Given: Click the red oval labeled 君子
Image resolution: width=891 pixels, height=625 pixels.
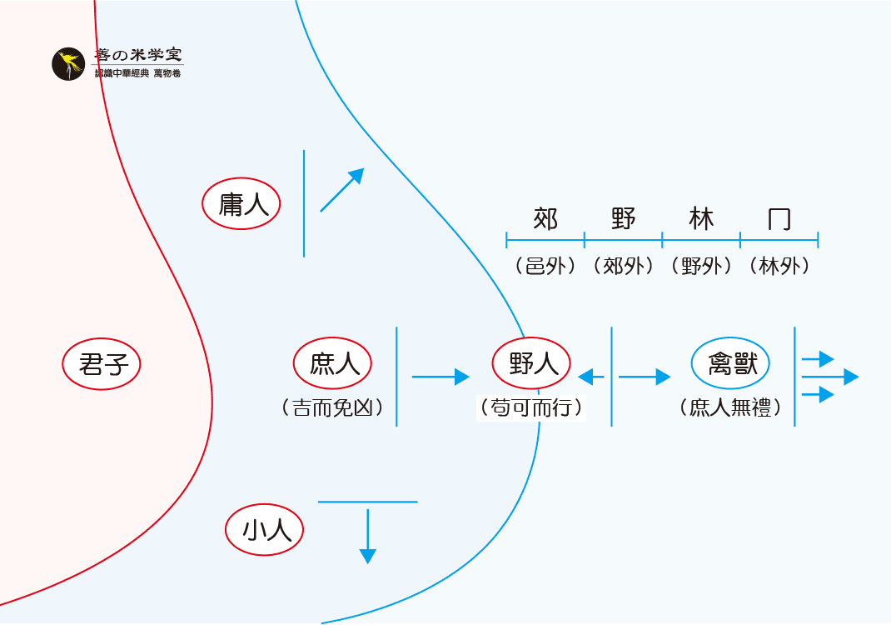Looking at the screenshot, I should click(x=102, y=364).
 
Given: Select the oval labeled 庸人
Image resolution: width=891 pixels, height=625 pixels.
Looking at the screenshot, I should click(x=241, y=203).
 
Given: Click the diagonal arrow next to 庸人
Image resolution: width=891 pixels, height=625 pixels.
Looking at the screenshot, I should click(x=342, y=190).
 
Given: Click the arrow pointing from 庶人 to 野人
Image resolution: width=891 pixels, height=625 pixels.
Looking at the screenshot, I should click(x=441, y=377).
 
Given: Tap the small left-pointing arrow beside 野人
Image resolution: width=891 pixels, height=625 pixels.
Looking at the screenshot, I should click(x=591, y=377).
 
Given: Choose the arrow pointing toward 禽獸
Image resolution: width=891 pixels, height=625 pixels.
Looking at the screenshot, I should click(x=644, y=377).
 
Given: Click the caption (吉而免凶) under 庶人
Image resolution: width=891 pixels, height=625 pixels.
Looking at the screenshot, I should click(x=332, y=408).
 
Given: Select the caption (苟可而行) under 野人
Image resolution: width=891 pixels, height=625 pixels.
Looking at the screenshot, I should click(x=531, y=408).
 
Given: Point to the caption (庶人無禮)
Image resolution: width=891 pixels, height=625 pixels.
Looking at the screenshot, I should click(x=729, y=408).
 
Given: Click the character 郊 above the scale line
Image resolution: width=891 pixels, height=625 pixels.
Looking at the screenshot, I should click(x=545, y=219).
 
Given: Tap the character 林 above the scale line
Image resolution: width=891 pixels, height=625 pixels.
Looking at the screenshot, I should click(x=702, y=219).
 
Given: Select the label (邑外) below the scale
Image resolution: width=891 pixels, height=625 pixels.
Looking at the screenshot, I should click(x=545, y=267).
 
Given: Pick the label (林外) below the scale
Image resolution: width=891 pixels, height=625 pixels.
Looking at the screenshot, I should click(x=779, y=267).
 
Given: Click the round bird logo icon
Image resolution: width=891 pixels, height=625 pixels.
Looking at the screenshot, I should click(x=68, y=64).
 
